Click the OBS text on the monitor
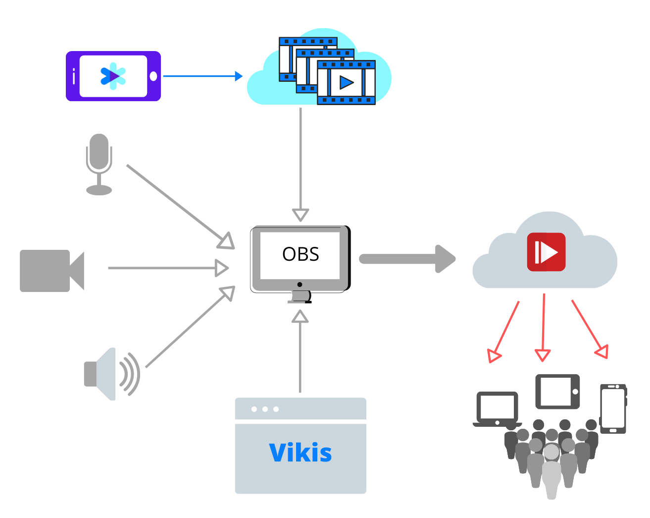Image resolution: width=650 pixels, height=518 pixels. pyautogui.click(x=300, y=254)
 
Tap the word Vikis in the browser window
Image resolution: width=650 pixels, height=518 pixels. pyautogui.click(x=300, y=453)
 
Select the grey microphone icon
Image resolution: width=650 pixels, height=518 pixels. pyautogui.click(x=99, y=164)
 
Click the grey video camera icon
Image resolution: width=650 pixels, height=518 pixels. pyautogui.click(x=51, y=271)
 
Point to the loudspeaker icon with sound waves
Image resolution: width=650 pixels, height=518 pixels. pyautogui.click(x=111, y=374)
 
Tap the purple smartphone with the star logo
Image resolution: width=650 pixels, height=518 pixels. pyautogui.click(x=113, y=76)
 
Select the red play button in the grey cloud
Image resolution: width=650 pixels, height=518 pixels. pyautogui.click(x=546, y=252)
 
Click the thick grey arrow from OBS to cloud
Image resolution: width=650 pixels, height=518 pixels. pyautogui.click(x=406, y=259)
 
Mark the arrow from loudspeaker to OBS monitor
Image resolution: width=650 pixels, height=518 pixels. pyautogui.click(x=188, y=329)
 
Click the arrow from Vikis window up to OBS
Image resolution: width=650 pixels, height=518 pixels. pyautogui.click(x=300, y=352)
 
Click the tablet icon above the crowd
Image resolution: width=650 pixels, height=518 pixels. pyautogui.click(x=557, y=392)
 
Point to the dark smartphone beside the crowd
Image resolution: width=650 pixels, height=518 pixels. pyautogui.click(x=613, y=408)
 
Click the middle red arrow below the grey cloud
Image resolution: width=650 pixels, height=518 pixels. pyautogui.click(x=543, y=327)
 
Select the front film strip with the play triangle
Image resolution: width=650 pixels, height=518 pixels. pyautogui.click(x=346, y=82)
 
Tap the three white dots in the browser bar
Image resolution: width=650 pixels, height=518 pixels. pyautogui.click(x=265, y=409)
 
